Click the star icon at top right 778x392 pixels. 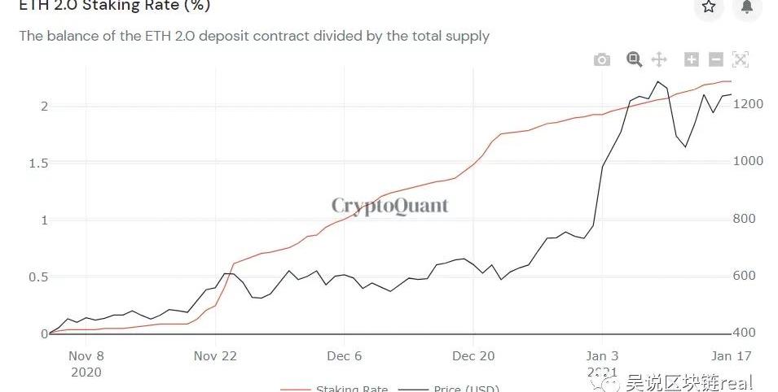click(x=709, y=7)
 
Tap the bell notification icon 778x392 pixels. click(x=747, y=7)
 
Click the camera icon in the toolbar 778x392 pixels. click(x=602, y=59)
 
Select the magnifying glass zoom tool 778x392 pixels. click(x=634, y=59)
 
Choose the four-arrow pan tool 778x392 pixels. click(x=659, y=59)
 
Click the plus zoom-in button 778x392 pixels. click(x=692, y=59)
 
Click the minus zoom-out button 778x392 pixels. click(x=716, y=59)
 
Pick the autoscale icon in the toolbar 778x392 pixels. click(x=741, y=59)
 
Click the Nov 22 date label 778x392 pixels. click(x=216, y=355)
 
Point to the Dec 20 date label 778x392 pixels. click(x=473, y=355)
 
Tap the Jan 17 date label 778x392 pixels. click(x=731, y=355)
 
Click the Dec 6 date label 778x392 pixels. click(x=345, y=355)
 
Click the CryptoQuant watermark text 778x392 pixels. click(x=389, y=206)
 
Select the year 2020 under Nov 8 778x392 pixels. click(x=86, y=372)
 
